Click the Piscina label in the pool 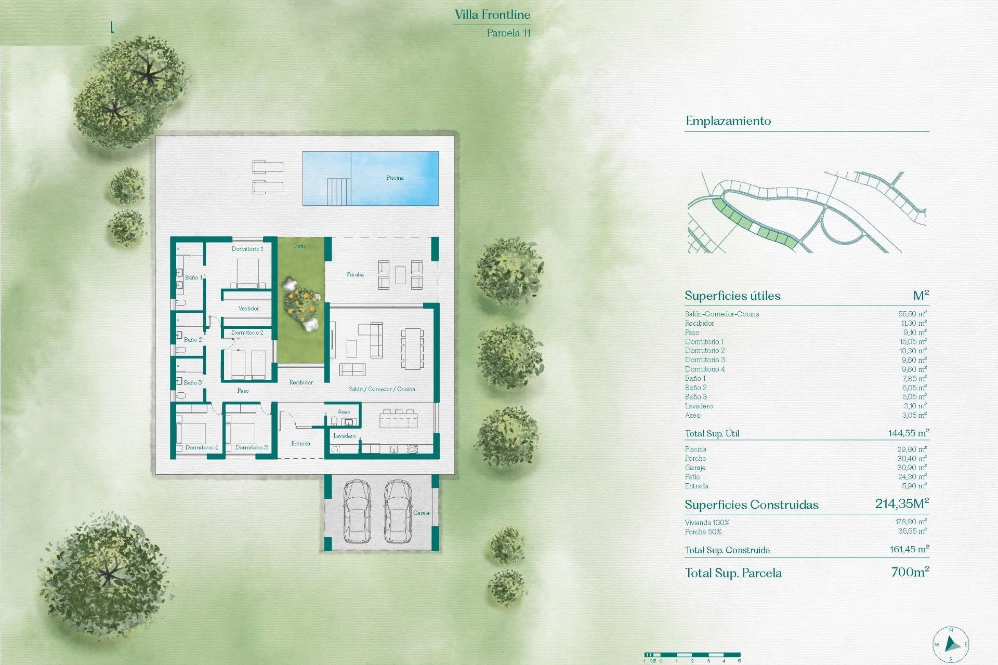point(395,178)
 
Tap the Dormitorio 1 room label point(247,249)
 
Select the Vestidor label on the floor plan point(248,308)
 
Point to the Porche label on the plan point(355,274)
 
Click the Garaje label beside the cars point(421,513)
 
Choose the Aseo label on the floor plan point(344,411)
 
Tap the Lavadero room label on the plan point(344,436)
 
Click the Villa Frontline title point(492,15)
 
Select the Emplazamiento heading point(728,121)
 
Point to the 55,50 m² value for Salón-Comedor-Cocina point(912,314)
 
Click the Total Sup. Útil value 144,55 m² point(908,433)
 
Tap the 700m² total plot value point(910,572)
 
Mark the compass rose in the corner point(951,645)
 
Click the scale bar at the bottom point(692,655)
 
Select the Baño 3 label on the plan point(192,382)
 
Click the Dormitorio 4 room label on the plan point(202,447)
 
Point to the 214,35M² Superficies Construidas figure point(901,503)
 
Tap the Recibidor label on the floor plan point(301,382)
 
